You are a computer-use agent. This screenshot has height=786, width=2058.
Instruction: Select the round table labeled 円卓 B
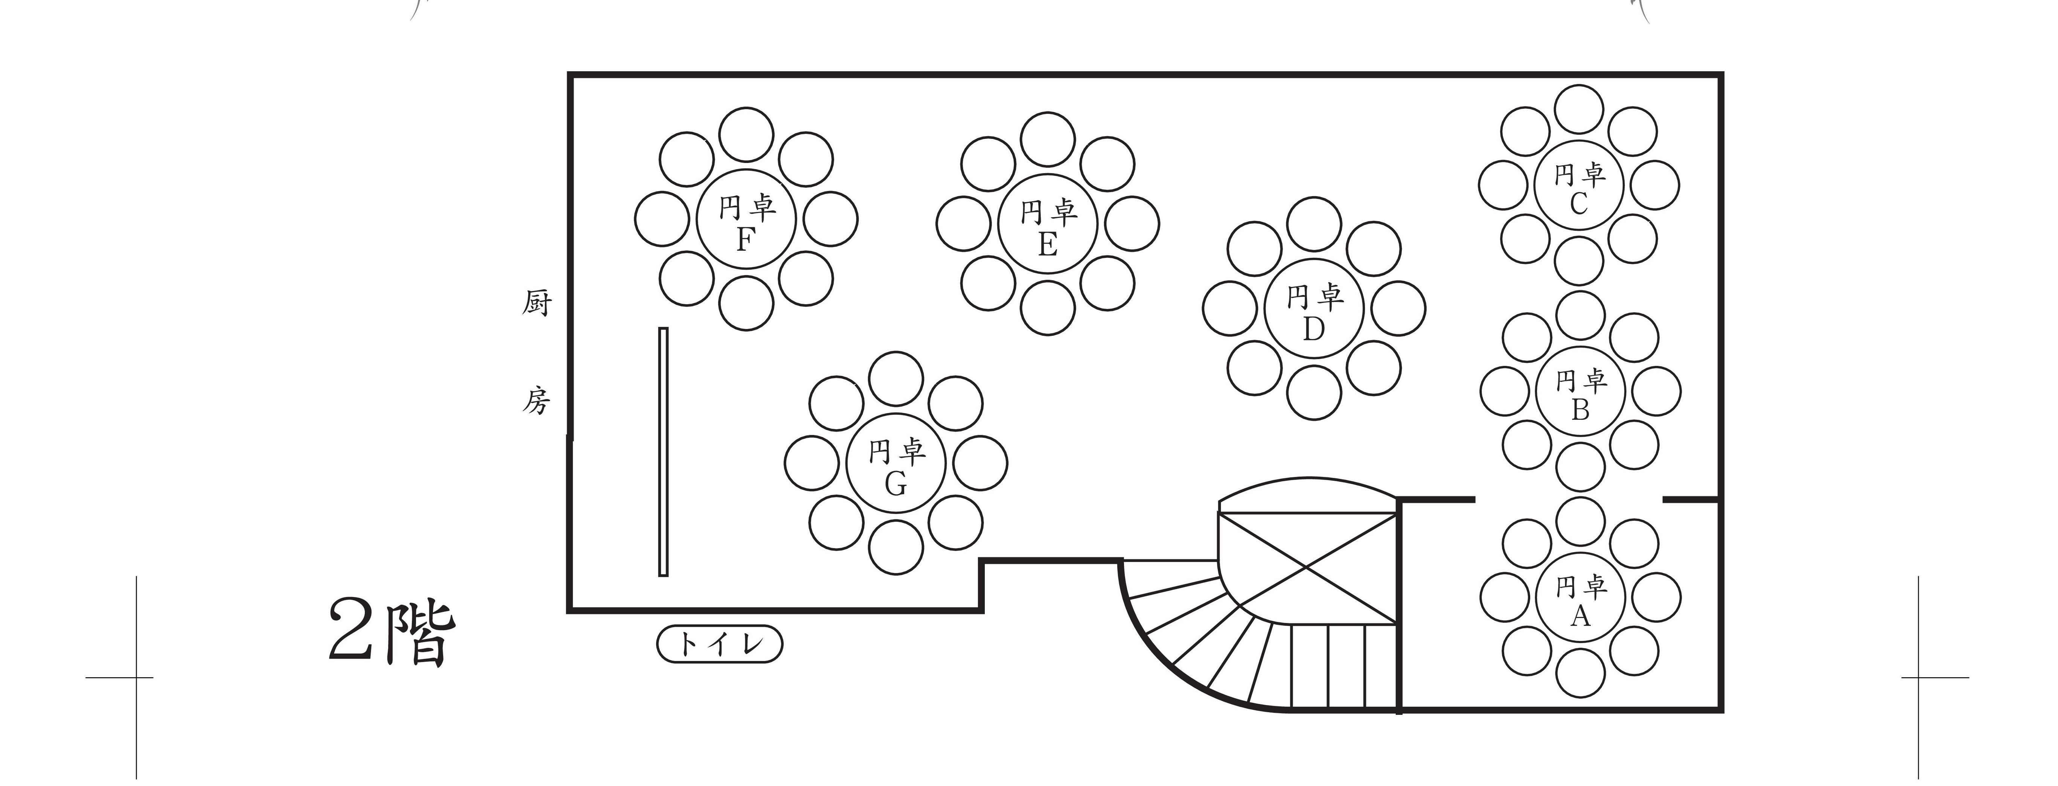click(x=1580, y=391)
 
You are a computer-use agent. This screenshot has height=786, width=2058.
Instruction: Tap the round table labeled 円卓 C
click(x=1579, y=185)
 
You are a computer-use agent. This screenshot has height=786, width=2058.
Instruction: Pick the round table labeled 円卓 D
click(x=1313, y=308)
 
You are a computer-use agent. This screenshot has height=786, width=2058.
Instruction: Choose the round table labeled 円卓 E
click(x=1047, y=224)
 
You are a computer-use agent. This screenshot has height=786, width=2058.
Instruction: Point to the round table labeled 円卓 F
click(x=746, y=219)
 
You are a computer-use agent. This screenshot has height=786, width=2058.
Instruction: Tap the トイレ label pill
click(x=719, y=644)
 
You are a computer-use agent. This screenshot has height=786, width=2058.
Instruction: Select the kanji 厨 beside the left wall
click(x=537, y=303)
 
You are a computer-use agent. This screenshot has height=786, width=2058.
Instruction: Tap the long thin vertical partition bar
click(x=663, y=451)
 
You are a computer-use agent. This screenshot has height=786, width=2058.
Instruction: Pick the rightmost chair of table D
click(x=1398, y=308)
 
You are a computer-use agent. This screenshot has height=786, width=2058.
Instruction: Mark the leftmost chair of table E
click(x=963, y=224)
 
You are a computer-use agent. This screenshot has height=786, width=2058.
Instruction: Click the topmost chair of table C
click(x=1579, y=110)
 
